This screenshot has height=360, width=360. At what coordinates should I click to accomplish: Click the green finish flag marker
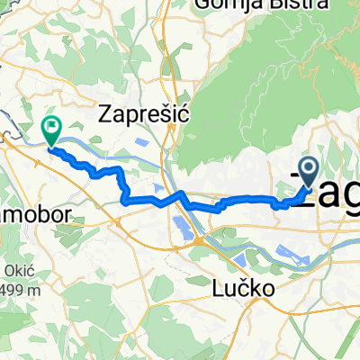tap(51, 131)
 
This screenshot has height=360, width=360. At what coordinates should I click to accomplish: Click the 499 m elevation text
tap(20, 290)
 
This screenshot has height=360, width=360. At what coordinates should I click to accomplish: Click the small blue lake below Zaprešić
tap(142, 142)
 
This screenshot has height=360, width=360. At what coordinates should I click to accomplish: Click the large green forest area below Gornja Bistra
tap(243, 99)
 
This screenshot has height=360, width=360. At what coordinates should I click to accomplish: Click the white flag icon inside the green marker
tap(51, 128)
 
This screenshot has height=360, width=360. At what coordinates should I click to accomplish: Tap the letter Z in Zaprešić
tap(107, 113)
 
